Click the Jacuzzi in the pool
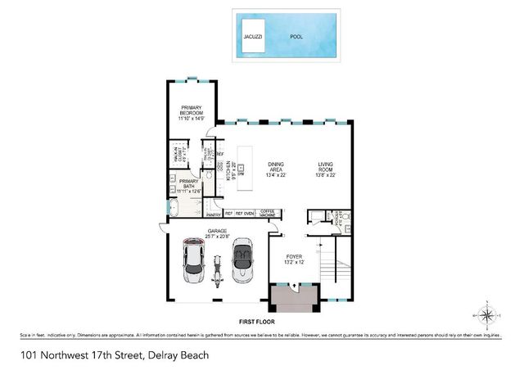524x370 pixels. point(252,37)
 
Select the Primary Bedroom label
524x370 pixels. point(191,113)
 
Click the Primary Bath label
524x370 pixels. point(188,185)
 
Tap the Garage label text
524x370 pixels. point(217,232)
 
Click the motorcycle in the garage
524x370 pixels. point(218,271)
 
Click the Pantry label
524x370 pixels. point(215,214)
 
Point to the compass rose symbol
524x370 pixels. point(486,314)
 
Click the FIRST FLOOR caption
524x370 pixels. point(255,323)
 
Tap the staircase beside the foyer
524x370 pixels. point(335,270)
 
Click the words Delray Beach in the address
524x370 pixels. point(178,354)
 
